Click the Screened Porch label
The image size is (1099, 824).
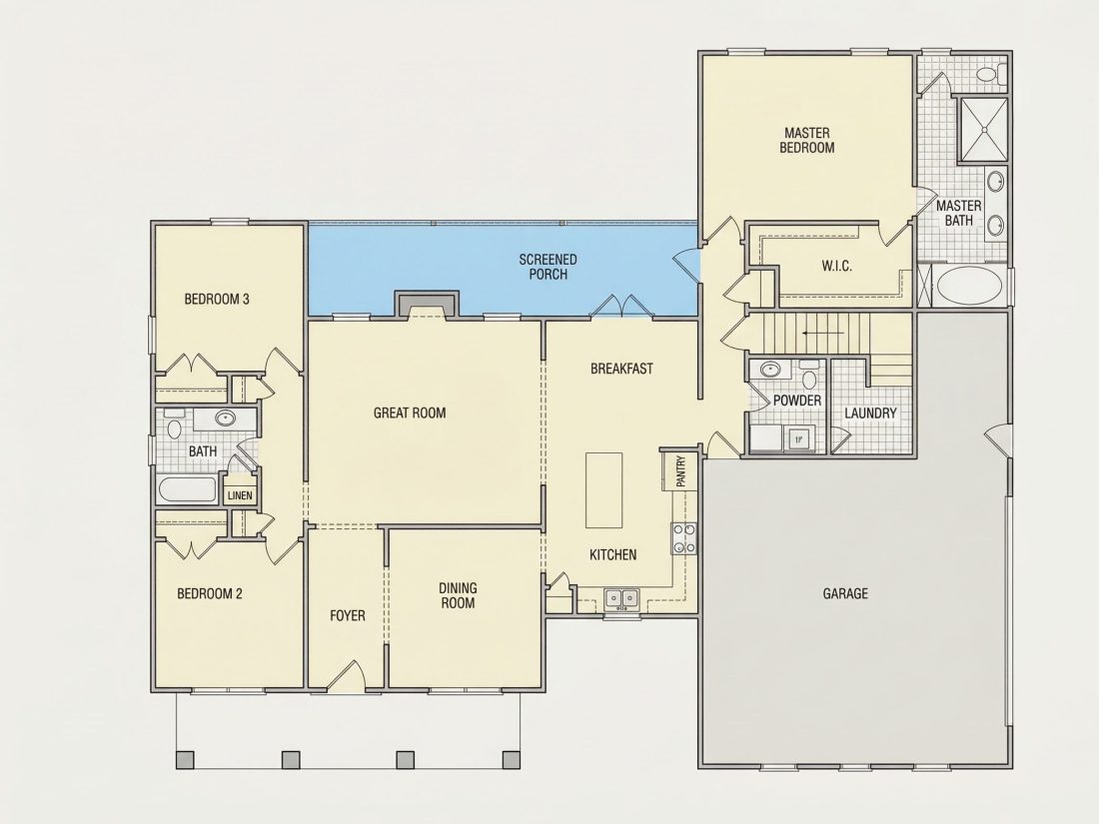pos(549,267)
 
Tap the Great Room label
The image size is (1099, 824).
pos(410,412)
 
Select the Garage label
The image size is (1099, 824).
pos(845,593)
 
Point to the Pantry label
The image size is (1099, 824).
pos(679,471)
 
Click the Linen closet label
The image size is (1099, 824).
pos(240,495)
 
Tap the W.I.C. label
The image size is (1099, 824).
pos(837,267)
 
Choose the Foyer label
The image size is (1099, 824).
pos(348,616)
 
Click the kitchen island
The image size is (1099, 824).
pos(604,489)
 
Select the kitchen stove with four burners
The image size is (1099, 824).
pos(684,538)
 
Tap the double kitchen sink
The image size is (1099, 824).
pos(621,598)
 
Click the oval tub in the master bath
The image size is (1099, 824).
pos(970,286)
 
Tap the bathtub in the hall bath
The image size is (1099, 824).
pos(187,489)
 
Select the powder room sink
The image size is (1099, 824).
pos(771,369)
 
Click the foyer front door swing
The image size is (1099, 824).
pos(347,675)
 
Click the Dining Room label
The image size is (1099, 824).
pos(458,595)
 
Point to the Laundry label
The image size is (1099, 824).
pos(870,413)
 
